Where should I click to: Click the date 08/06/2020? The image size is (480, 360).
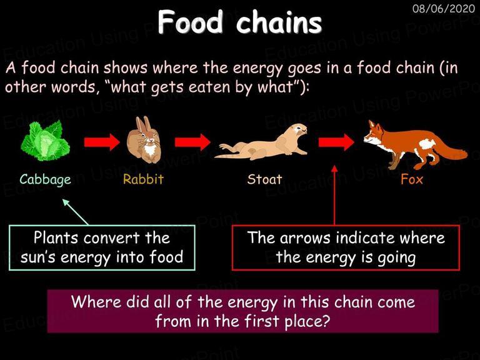point(444,8)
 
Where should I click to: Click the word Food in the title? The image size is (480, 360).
point(191,22)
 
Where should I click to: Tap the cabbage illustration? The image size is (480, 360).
point(45,140)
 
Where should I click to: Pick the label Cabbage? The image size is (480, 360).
point(45,180)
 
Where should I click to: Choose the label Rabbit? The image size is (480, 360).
point(143,179)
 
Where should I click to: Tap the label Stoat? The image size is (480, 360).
point(264,179)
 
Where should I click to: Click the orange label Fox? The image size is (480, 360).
point(412,179)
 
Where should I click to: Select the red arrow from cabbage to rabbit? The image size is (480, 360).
point(102,142)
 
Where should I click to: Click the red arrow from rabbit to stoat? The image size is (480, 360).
point(192,142)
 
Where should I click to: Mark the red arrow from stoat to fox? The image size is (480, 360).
point(336,142)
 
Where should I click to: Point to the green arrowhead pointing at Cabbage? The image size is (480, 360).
point(66,202)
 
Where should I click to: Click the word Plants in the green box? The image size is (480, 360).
point(56,238)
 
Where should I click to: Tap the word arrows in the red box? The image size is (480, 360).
point(305,239)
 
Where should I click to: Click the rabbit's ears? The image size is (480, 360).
point(143,124)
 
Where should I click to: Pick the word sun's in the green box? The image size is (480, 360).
point(37,257)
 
